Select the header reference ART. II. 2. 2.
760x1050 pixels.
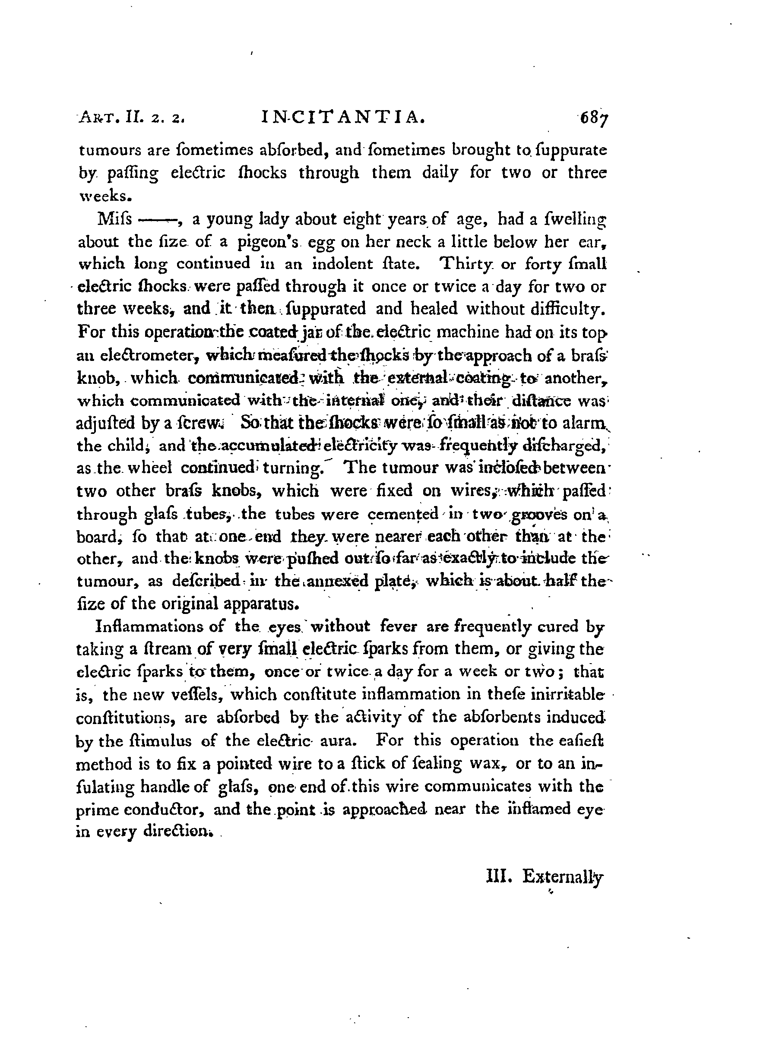click(132, 120)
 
